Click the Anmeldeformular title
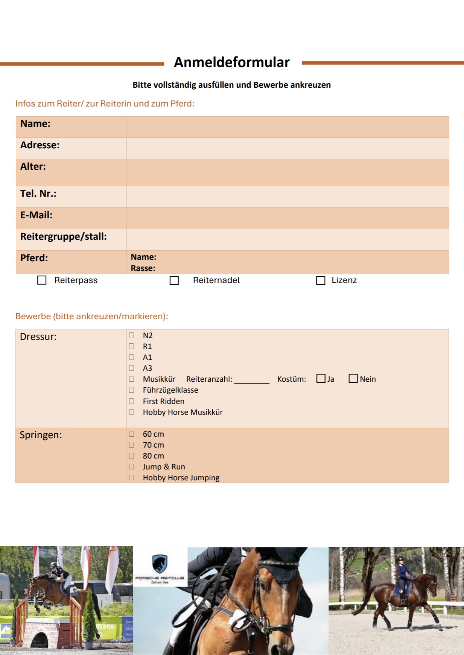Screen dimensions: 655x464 [231, 62]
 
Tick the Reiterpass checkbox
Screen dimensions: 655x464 [42, 280]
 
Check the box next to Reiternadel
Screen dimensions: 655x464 [174, 280]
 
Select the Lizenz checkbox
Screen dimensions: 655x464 [321, 280]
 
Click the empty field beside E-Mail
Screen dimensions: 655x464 [288, 218]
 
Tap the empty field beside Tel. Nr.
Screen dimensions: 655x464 [288, 196]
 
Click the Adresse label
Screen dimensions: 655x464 [40, 145]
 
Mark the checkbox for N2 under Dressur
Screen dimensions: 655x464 [131, 335]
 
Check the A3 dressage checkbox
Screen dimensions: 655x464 [131, 368]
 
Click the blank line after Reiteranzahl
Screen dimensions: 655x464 [251, 379]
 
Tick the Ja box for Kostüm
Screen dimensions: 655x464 [321, 378]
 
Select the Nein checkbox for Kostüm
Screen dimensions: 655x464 [353, 378]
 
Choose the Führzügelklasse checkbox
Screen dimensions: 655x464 [131, 390]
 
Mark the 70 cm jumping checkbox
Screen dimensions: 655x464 [131, 445]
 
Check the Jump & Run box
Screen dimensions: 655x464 [131, 466]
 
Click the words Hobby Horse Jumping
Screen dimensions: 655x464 [181, 478]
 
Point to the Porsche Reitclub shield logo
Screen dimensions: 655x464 [160, 564]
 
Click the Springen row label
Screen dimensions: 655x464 [41, 435]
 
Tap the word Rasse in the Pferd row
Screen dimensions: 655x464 [143, 268]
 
